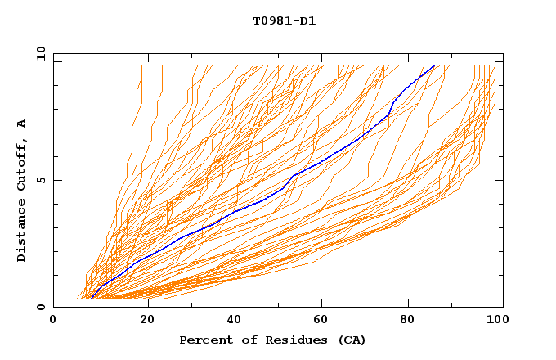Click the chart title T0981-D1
[x=284, y=20]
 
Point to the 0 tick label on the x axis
[x=53, y=320]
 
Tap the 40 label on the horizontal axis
[x=234, y=320]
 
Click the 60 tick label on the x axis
[x=322, y=320]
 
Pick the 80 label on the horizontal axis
[x=410, y=320]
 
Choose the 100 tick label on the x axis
[x=495, y=320]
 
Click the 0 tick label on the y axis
[x=41, y=307]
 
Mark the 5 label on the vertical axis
[x=41, y=180]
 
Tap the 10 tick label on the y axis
[x=38, y=53]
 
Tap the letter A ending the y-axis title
[x=21, y=124]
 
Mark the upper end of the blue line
[x=434, y=66]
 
